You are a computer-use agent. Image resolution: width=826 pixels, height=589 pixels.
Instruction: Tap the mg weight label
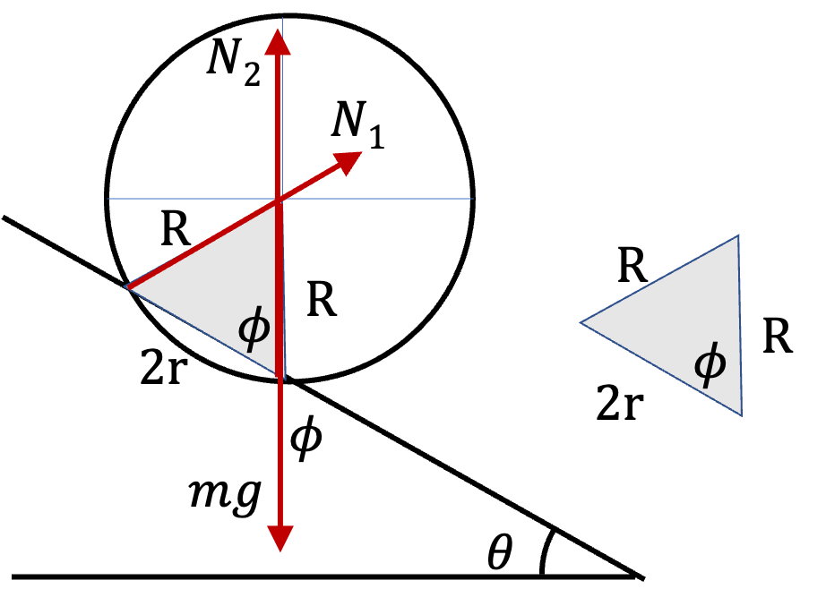point(226,495)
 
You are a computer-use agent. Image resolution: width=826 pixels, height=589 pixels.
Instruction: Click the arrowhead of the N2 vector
point(277,41)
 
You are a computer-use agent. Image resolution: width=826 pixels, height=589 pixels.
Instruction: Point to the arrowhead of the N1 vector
point(349,162)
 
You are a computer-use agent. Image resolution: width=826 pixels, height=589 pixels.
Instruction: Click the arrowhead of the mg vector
point(280,538)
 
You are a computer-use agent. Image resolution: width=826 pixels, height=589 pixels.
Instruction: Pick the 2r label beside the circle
point(164,367)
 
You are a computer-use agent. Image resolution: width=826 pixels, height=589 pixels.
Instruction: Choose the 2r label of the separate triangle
point(620,402)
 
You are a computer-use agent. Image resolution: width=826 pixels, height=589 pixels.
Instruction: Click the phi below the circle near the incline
point(306,438)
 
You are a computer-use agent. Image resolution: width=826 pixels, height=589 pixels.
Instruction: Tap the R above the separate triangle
point(632,265)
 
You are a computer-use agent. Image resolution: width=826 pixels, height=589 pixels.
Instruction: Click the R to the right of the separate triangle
point(778,336)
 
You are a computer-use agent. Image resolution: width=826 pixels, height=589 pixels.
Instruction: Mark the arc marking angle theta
point(544,551)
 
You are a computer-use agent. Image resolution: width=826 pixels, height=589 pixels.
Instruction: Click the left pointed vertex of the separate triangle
point(581,322)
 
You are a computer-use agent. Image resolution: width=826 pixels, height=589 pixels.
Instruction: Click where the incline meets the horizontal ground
point(636,575)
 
